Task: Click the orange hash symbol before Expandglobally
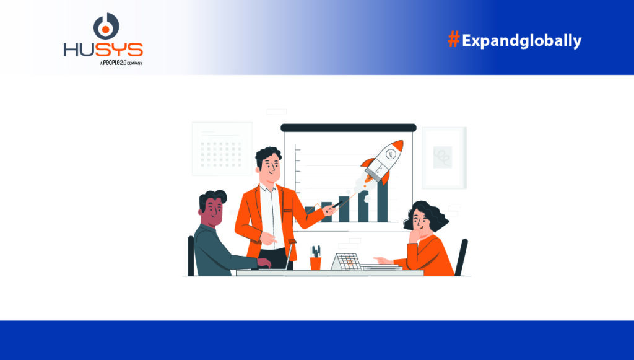(454, 40)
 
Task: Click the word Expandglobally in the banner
(521, 41)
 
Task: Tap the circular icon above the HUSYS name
(106, 26)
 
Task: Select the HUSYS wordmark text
(103, 50)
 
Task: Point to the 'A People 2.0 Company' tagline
(121, 63)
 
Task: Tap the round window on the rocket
(390, 154)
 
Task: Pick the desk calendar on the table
(346, 261)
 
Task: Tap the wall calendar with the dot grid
(222, 149)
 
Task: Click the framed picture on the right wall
(444, 158)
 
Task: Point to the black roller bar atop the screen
(349, 128)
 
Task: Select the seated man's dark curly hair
(212, 198)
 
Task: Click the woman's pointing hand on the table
(382, 260)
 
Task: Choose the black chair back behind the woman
(461, 257)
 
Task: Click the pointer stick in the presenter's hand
(337, 204)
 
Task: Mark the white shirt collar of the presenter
(267, 188)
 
